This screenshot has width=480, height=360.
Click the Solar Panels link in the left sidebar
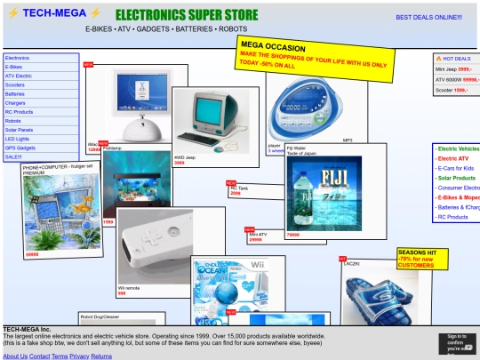click(x=19, y=130)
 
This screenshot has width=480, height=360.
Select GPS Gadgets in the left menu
click(x=20, y=148)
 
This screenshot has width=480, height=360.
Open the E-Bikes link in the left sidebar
click(x=14, y=67)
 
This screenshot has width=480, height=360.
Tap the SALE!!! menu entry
click(x=13, y=156)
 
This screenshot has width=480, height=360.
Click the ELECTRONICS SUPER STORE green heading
click(x=187, y=15)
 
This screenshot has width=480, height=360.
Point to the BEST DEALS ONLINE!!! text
click(x=428, y=17)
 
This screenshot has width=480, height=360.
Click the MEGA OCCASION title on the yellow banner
click(x=273, y=46)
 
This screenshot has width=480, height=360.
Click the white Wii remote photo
click(x=156, y=245)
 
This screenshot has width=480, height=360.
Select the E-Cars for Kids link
click(x=455, y=168)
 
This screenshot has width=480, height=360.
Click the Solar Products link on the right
click(x=456, y=178)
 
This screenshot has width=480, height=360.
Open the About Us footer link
click(x=15, y=356)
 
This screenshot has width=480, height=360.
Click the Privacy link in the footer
click(x=80, y=356)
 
